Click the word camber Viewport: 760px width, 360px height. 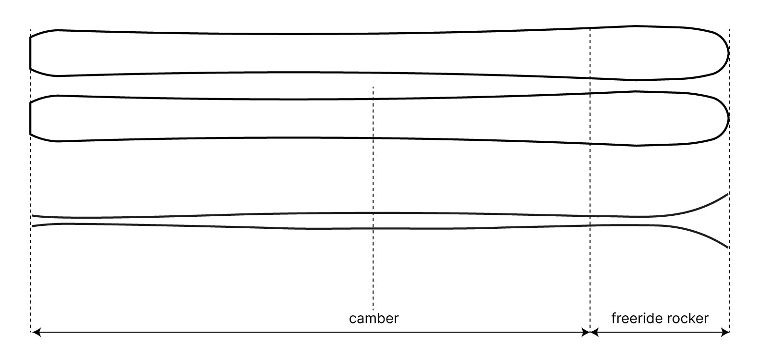[374, 318]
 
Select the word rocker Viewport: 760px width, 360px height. [690, 318]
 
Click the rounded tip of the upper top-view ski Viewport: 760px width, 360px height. [728, 53]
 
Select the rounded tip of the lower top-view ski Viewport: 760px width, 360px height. [728, 118]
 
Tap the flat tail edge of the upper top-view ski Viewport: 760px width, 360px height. [30, 53]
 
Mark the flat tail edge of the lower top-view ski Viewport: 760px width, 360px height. [30, 118]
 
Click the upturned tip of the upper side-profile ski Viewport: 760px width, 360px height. [727, 194]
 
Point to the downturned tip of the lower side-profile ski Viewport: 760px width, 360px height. [727, 247]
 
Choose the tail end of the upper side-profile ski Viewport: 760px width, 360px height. [33, 216]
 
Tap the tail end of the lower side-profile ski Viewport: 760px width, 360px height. [33, 226]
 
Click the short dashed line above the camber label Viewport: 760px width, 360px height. [373, 192]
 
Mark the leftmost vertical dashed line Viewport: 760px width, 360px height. [30, 279]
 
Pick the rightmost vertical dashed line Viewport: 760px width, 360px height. [730, 279]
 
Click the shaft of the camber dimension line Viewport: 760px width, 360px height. [240, 332]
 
